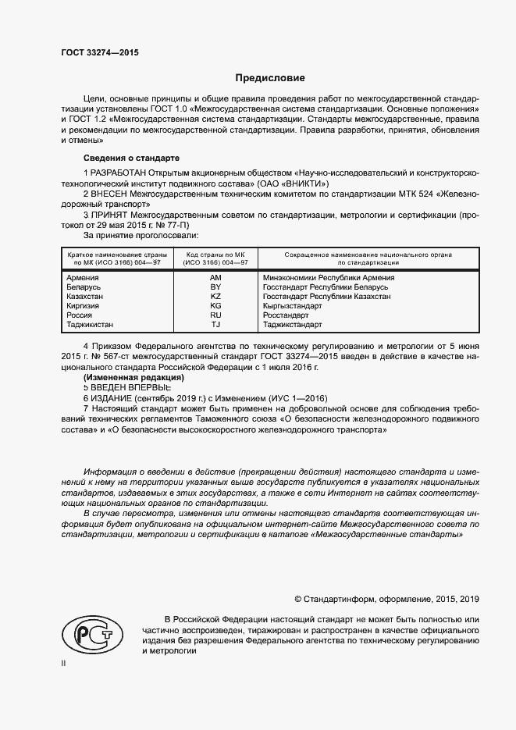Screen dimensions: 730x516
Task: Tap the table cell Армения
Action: pyautogui.click(x=83, y=277)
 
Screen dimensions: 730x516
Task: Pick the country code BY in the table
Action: pyautogui.click(x=215, y=287)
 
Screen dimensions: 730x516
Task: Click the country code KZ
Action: pyautogui.click(x=215, y=296)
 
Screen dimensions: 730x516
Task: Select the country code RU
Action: pyautogui.click(x=215, y=315)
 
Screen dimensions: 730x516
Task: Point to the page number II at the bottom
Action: pyautogui.click(x=63, y=663)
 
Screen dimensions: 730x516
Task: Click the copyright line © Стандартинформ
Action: pyautogui.click(x=386, y=599)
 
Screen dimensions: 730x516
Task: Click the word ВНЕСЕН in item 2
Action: pyautogui.click(x=111, y=191)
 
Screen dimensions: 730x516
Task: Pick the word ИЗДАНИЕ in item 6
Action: pyautogui.click(x=112, y=397)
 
